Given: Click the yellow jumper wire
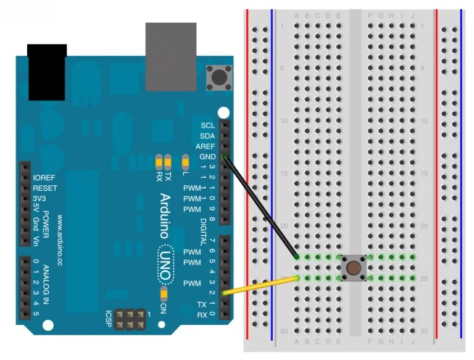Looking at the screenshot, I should pos(259,285).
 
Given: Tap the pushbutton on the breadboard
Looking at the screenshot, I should pos(353,268).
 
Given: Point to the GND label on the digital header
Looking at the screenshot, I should pos(207,157).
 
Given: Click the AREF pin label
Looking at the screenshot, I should pos(205,146).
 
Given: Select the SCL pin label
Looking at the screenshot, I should pos(207,125).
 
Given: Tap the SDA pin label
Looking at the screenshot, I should pos(207,136).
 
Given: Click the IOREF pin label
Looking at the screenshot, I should pos(44,177).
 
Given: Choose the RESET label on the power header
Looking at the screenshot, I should pos(44,188).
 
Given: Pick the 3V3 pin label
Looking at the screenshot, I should pos(39,198).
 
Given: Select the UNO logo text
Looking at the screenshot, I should pos(165,256).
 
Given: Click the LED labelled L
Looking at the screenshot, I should pos(185,163).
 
